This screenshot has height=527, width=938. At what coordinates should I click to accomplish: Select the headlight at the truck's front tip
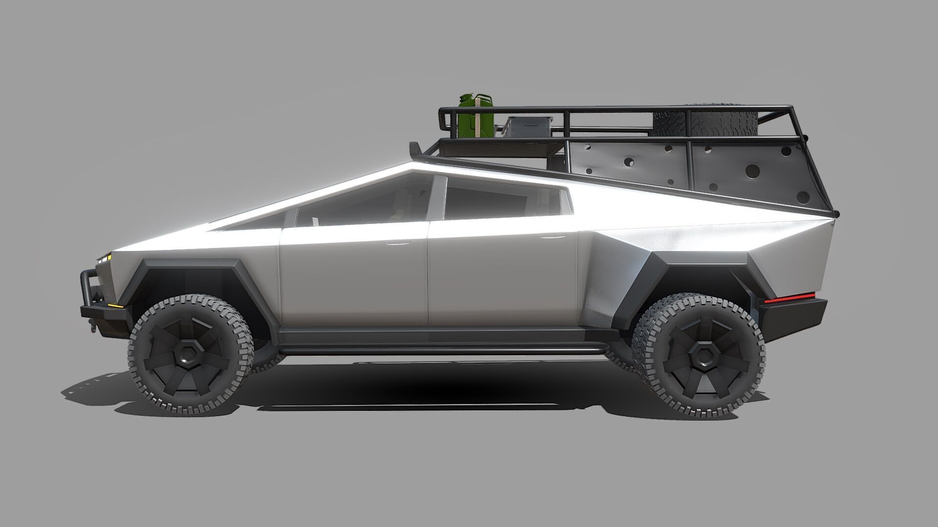(105, 258)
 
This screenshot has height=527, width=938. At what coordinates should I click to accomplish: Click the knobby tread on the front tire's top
(191, 301)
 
